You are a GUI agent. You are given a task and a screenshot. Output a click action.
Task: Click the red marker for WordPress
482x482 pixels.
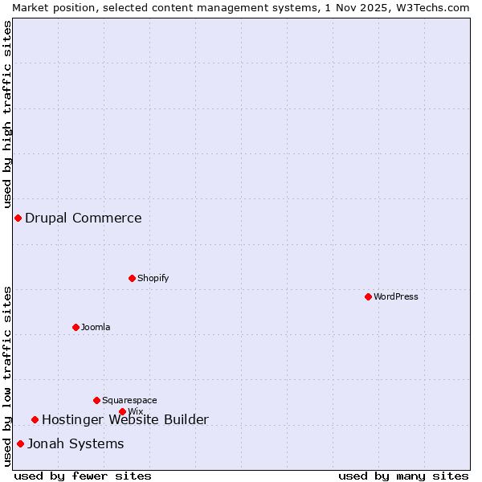368,296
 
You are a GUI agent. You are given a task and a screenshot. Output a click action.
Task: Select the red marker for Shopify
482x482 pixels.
132,278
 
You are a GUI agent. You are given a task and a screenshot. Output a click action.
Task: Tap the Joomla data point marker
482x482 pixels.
76,327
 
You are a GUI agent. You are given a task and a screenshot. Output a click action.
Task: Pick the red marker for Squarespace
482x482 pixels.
96,400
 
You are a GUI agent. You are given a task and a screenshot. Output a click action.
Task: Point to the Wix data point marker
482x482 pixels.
122,411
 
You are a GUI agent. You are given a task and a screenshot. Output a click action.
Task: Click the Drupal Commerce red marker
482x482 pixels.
18,218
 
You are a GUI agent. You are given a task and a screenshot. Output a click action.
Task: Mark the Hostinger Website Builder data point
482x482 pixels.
35,419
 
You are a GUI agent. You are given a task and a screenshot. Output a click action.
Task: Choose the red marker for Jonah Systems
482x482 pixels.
20,443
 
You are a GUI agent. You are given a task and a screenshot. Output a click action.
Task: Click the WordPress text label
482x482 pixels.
396,296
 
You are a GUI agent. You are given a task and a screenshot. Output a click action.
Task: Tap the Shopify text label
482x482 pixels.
153,278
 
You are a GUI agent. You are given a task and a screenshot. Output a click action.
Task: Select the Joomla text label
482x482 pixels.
96,327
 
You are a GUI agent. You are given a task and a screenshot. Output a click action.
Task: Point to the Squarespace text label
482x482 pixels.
129,400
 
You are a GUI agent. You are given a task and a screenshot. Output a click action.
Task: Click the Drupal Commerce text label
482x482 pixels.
84,218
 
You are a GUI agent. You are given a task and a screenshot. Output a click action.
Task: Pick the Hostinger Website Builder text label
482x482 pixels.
125,419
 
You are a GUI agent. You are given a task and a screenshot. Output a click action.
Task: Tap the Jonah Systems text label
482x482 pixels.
76,443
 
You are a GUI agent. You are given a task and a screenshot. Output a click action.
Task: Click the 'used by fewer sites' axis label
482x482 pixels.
83,476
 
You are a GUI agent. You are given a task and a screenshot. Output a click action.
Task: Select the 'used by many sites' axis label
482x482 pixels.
403,476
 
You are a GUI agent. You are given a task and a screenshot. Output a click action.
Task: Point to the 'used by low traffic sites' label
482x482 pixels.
7,376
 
